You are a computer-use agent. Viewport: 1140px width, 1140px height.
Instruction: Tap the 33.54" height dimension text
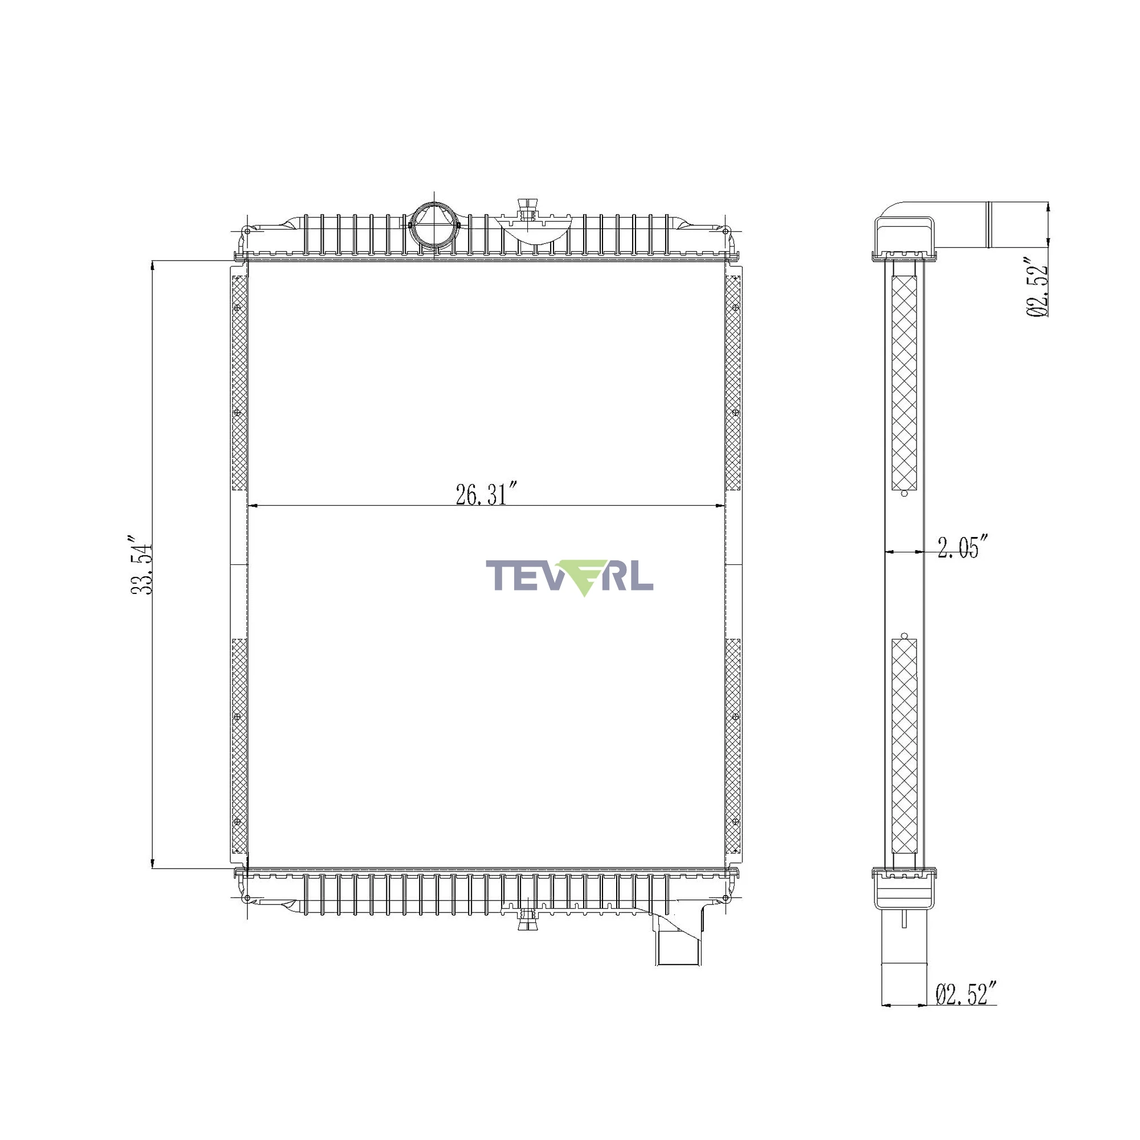(141, 565)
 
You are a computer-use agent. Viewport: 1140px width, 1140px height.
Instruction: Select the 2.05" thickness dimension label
(962, 547)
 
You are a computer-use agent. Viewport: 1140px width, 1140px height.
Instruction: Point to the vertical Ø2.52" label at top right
(1039, 287)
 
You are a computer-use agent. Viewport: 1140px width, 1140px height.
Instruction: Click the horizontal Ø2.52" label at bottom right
(967, 993)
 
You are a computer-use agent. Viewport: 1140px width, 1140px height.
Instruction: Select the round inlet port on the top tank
(435, 226)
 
